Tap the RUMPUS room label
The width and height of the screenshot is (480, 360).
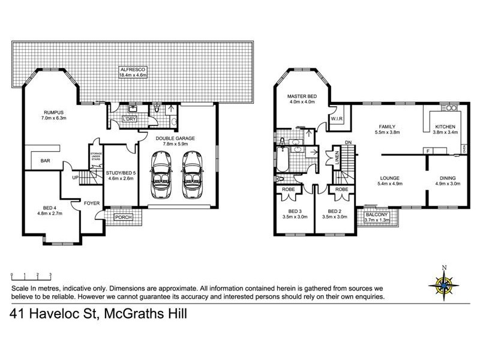53,112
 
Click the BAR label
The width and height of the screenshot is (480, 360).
44,161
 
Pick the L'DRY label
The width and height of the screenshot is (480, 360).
129,119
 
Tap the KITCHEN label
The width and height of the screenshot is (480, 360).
445,127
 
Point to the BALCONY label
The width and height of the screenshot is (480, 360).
377,215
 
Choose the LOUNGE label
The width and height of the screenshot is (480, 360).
390,178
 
